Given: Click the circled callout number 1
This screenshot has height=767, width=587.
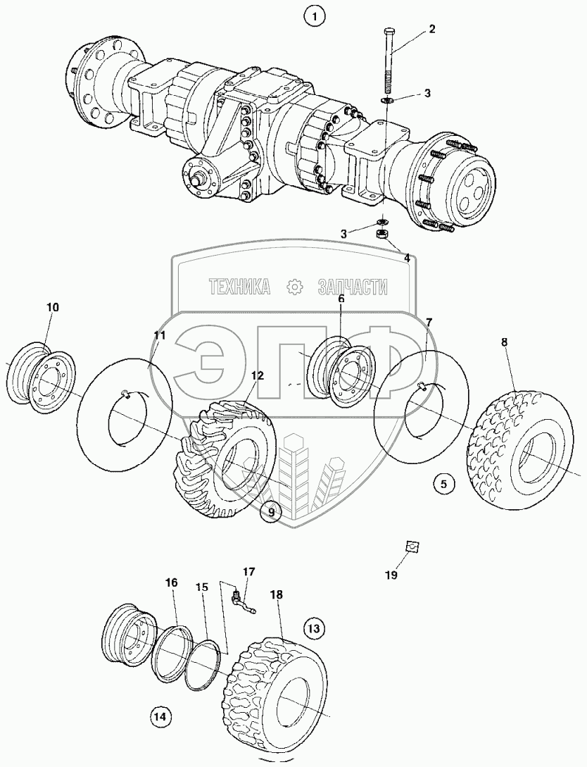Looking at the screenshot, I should (x=314, y=14).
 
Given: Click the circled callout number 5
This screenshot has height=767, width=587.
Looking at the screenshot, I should (x=443, y=484).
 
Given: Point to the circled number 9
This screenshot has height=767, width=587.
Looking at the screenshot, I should (x=270, y=512).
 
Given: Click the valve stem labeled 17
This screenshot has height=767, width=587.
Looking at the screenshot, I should (x=241, y=602).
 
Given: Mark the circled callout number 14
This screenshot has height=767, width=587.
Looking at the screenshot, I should (x=160, y=717).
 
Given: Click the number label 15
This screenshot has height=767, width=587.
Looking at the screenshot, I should (x=202, y=587).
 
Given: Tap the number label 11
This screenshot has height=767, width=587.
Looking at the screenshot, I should (x=160, y=335).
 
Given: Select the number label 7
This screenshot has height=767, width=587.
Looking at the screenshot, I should (x=429, y=321).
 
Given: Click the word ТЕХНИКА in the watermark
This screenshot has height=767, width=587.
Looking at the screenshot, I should (x=239, y=286).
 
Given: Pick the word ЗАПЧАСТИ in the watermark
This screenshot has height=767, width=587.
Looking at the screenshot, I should (x=353, y=286).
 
